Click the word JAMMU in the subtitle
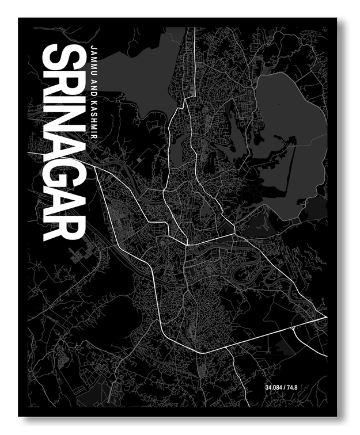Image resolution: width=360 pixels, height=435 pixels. pyautogui.click(x=94, y=62)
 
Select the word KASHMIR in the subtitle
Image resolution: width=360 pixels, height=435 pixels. pyautogui.click(x=94, y=121)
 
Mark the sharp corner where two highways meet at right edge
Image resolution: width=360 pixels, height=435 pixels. pyautogui.click(x=326, y=317)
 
